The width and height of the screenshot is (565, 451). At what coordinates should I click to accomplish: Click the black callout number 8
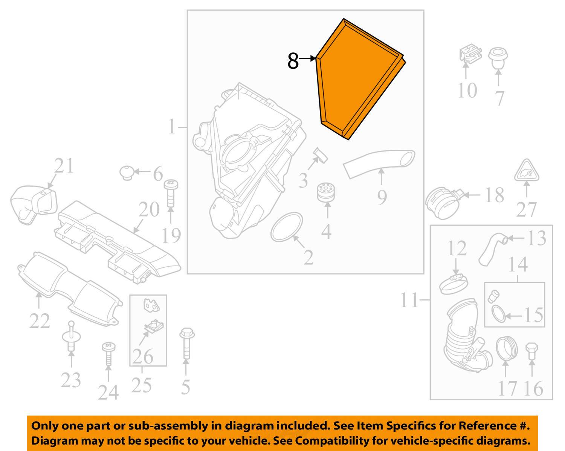click(293, 61)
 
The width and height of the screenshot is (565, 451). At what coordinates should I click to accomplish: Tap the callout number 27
click(526, 209)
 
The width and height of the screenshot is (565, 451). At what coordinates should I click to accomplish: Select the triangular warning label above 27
click(527, 171)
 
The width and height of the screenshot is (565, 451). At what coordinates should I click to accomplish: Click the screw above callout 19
click(171, 193)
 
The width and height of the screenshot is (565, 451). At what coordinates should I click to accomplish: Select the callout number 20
click(149, 209)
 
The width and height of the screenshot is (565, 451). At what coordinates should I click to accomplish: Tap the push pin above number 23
click(71, 336)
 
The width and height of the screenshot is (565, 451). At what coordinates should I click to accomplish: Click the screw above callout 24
click(108, 354)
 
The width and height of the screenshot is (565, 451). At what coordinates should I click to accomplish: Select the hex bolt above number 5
click(187, 343)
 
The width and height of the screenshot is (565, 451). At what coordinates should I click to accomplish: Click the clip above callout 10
click(470, 54)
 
